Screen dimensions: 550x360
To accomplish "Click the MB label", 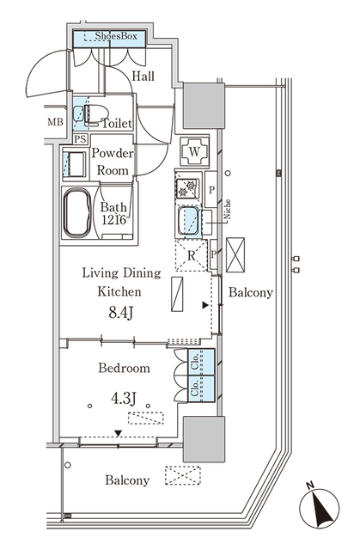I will click(55, 121).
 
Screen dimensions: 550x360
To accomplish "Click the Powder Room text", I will click(113, 162).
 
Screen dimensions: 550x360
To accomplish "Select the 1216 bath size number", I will click(114, 221).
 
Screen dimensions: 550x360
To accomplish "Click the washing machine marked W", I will click(195, 152).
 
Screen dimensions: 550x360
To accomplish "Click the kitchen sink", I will click(188, 220).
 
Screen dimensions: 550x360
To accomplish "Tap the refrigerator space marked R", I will click(191, 254).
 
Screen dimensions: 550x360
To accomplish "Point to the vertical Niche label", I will click(228, 211).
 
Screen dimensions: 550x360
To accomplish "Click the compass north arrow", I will click(319, 507).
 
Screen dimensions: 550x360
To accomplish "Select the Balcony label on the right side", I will click(251, 292).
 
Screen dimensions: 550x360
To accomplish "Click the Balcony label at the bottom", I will click(128, 480).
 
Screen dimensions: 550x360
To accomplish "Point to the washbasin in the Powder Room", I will click(73, 162).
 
